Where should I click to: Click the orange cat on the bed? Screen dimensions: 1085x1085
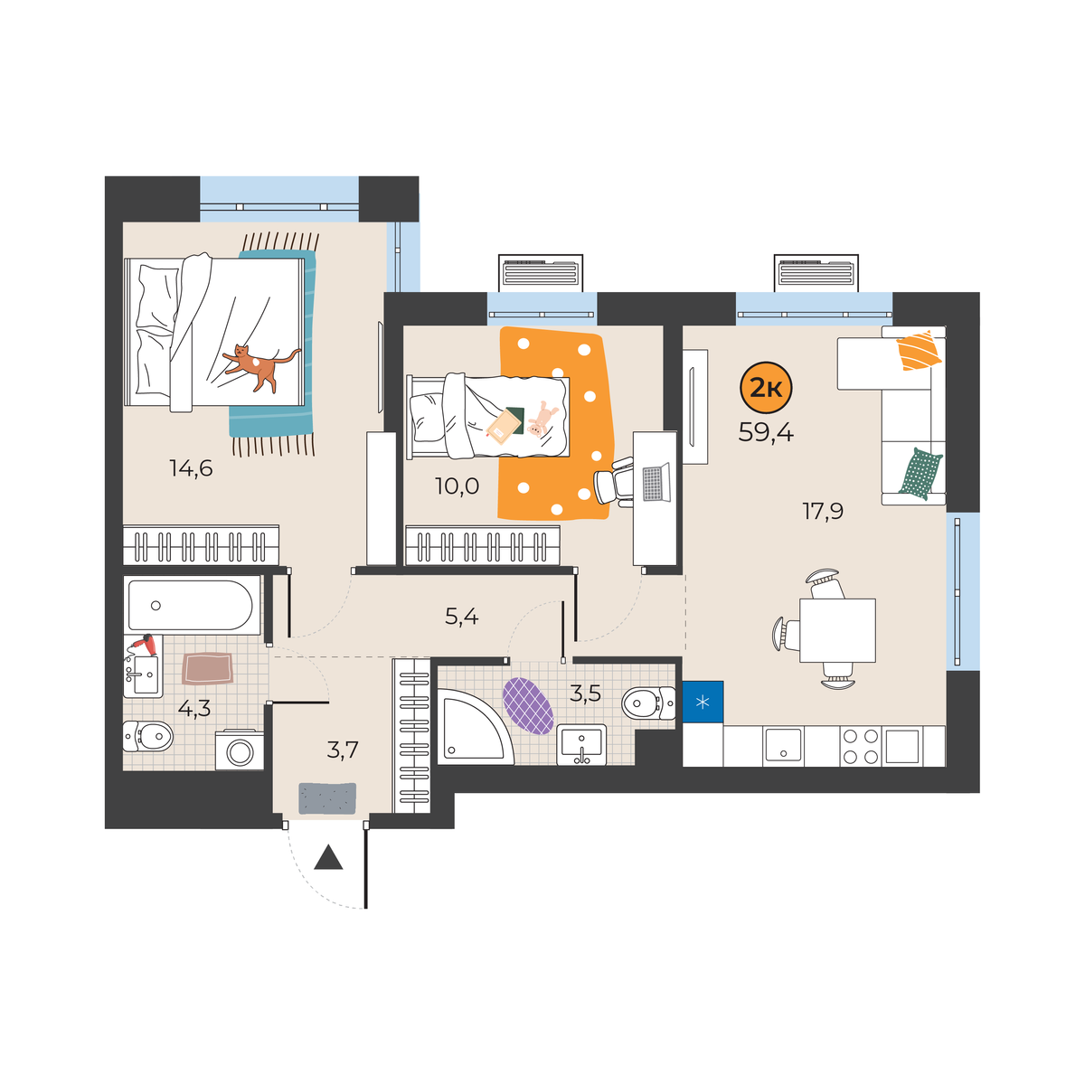[x=260, y=366]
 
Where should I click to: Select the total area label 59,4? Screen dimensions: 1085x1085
[x=766, y=432]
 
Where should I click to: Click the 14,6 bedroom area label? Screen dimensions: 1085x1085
[x=191, y=467]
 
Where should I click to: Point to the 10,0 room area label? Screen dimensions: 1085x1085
[x=457, y=486]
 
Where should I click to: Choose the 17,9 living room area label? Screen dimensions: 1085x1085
[x=823, y=512]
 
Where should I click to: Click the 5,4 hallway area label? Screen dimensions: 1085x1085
[x=461, y=618]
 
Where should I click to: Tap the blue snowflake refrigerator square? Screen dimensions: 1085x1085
[x=703, y=702]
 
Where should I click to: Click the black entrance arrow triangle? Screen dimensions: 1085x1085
[x=328, y=859]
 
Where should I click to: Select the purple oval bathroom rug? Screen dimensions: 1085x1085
[x=527, y=705]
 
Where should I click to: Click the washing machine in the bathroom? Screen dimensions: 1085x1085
[x=240, y=750]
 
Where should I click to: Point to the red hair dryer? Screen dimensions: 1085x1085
[x=143, y=646]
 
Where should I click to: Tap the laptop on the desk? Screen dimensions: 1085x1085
[x=656, y=482]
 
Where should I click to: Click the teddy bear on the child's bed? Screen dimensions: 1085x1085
[x=540, y=419]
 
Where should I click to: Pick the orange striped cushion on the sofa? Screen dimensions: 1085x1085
[x=919, y=351]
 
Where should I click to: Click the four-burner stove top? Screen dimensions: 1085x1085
[x=860, y=746]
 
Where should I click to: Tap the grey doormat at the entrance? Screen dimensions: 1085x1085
[x=327, y=798]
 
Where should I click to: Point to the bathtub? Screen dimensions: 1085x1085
[x=190, y=605]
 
